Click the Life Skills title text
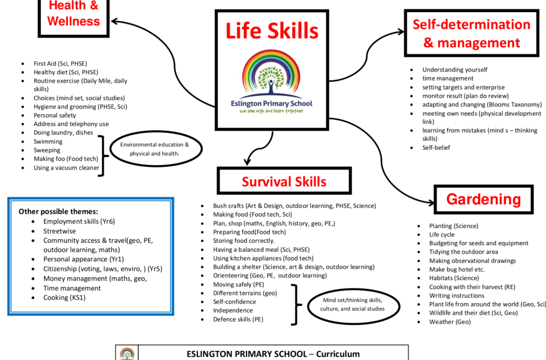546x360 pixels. click(x=272, y=31)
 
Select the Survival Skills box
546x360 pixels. click(x=284, y=181)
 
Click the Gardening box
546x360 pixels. click(x=483, y=199)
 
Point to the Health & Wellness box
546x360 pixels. click(x=74, y=15)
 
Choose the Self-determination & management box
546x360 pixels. click(x=471, y=33)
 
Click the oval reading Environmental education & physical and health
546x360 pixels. click(x=154, y=149)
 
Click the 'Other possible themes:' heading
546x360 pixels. click(x=58, y=211)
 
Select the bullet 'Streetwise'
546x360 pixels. click(x=60, y=231)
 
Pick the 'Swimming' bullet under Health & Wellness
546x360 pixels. click(x=48, y=141)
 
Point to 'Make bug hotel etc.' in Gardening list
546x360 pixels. click(x=457, y=269)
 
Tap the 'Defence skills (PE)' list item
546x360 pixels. click(x=238, y=319)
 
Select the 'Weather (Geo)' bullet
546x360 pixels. click(x=449, y=322)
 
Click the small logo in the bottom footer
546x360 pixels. click(x=127, y=354)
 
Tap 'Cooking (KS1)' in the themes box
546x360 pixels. click(x=64, y=298)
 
